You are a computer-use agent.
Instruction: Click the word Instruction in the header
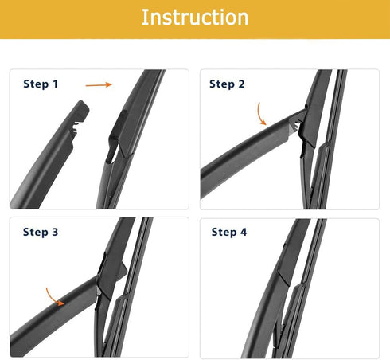[x=195, y=18]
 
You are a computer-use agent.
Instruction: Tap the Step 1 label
[x=41, y=84]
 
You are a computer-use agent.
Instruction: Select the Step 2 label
[x=227, y=84]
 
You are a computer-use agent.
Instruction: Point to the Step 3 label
[x=41, y=233]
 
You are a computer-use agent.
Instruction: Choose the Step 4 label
[x=229, y=233]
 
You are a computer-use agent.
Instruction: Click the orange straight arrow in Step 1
[x=97, y=83]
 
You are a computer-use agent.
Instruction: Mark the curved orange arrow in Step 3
[x=54, y=296]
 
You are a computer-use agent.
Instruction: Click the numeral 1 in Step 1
[x=56, y=84]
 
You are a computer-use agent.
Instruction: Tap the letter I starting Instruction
[x=145, y=18]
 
